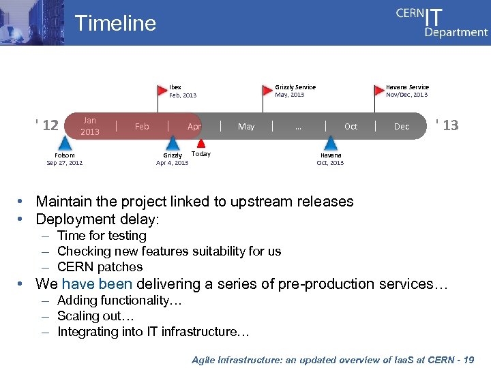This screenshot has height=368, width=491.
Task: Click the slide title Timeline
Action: (x=115, y=23)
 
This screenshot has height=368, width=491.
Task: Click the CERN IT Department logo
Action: (x=442, y=22)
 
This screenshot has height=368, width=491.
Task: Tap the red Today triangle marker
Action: (x=201, y=143)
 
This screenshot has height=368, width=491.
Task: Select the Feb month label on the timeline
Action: (x=142, y=126)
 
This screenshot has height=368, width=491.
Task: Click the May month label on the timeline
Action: (x=246, y=126)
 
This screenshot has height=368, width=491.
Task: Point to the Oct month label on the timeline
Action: (x=351, y=126)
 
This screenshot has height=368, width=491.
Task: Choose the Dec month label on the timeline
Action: (x=402, y=126)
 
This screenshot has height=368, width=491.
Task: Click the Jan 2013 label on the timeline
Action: (x=89, y=126)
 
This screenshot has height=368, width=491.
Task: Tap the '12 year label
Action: (x=47, y=125)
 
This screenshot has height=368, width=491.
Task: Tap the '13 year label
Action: (x=447, y=125)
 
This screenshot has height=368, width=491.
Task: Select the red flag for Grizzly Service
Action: (x=268, y=89)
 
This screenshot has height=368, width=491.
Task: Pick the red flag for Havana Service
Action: (x=380, y=89)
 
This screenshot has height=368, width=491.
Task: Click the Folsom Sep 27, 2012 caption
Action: (x=64, y=159)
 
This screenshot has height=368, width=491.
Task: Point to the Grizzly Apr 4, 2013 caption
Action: (x=172, y=159)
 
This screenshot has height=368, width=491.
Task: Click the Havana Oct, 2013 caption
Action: (x=331, y=159)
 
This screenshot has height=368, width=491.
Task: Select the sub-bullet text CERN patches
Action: (x=100, y=267)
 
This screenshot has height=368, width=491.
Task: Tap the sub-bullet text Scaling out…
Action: (x=95, y=316)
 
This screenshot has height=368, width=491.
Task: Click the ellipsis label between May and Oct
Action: (x=298, y=126)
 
